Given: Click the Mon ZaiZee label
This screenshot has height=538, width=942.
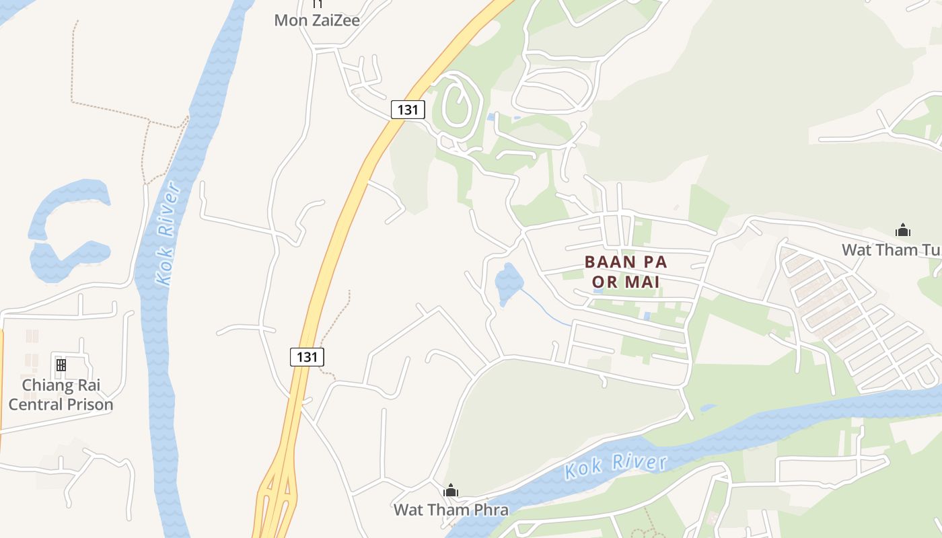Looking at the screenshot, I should pos(316,20).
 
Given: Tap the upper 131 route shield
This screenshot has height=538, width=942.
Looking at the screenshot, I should pos(408,109).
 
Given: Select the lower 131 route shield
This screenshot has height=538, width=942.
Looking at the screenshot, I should pos(307,356).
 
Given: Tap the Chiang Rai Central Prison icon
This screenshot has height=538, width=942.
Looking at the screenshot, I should pos(61,365).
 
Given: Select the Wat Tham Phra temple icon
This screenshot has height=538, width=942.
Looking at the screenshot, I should pos(450,490).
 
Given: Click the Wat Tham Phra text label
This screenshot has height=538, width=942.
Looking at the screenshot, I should pos(451,510).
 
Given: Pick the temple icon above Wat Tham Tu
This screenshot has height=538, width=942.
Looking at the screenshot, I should pos(902,231).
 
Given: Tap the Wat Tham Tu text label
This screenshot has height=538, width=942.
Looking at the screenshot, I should pos(890,250).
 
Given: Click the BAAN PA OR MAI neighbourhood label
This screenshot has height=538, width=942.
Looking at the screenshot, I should pos(626,272).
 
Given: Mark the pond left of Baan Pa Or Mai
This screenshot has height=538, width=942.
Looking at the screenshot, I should pos(508,283).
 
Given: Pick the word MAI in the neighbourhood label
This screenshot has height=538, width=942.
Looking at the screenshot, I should pos(642,282).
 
